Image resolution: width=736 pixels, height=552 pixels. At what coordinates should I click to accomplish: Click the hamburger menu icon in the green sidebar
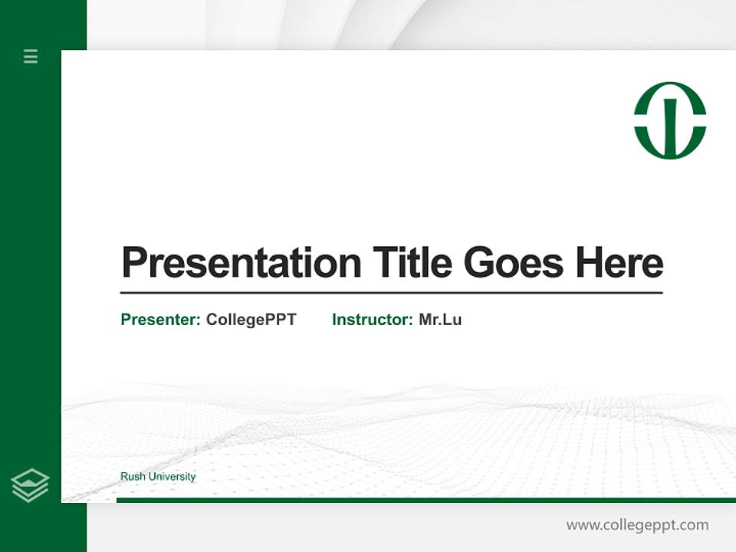[31, 56]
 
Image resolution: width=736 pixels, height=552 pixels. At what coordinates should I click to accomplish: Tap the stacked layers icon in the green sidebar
[30, 485]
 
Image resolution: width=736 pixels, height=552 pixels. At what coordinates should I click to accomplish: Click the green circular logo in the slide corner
[670, 120]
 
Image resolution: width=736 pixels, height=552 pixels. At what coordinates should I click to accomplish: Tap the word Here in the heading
[619, 263]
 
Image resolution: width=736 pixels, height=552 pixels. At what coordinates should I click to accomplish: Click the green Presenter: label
[160, 320]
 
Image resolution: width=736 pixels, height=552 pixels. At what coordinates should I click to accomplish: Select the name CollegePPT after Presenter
[251, 320]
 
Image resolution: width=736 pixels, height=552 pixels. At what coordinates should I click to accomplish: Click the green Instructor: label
[372, 320]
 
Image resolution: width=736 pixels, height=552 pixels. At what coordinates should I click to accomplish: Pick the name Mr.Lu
[440, 320]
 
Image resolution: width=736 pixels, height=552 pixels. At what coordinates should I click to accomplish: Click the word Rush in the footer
[133, 477]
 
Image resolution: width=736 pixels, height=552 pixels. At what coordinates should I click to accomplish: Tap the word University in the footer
[172, 477]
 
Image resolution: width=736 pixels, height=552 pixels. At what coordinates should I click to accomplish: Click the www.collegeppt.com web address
[637, 525]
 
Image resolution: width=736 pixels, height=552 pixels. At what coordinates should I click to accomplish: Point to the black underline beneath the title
[391, 293]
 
